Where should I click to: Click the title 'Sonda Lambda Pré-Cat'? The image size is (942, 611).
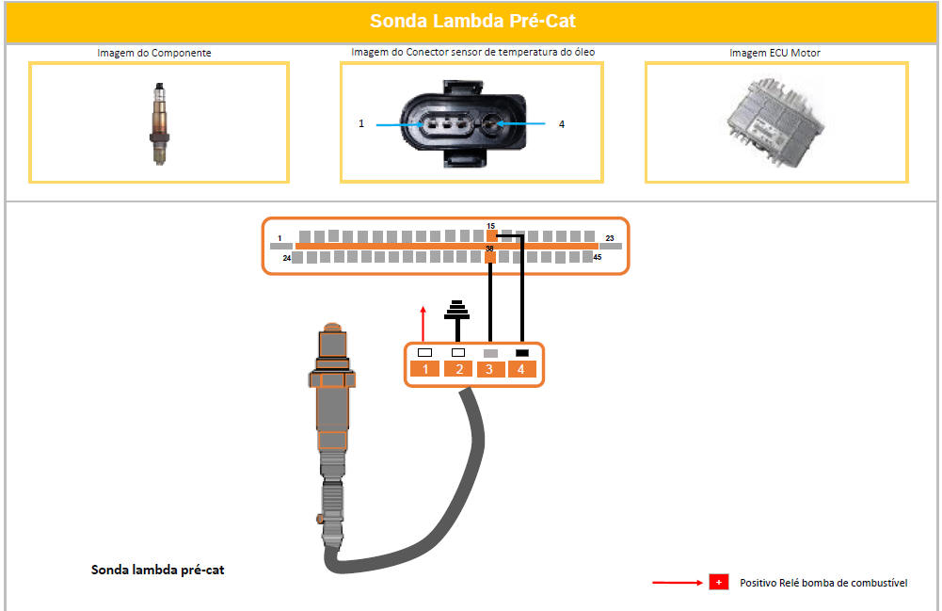472,21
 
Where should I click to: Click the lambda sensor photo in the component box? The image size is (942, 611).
159,123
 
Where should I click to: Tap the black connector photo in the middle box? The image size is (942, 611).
463,123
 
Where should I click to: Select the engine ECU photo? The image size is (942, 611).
775,122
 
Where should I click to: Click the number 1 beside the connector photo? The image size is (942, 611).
361,123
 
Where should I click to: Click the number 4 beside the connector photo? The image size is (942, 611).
562,124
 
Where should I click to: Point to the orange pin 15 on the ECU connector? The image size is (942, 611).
491,236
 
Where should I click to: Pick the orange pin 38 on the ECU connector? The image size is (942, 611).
490,257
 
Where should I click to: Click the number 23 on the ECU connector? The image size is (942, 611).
610,238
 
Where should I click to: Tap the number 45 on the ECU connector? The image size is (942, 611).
598,257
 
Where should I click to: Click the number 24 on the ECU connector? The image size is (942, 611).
287,258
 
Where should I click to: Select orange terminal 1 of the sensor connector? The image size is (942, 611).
424,369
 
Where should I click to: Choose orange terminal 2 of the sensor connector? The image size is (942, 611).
458,369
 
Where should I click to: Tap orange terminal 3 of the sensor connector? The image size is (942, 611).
490,369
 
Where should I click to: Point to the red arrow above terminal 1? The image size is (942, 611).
423,324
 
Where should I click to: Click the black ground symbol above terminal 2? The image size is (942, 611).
457,310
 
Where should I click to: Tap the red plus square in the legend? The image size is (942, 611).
719,582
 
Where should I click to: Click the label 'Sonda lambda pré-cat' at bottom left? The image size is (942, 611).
157,570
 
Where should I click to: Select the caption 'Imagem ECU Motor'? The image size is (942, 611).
774,53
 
